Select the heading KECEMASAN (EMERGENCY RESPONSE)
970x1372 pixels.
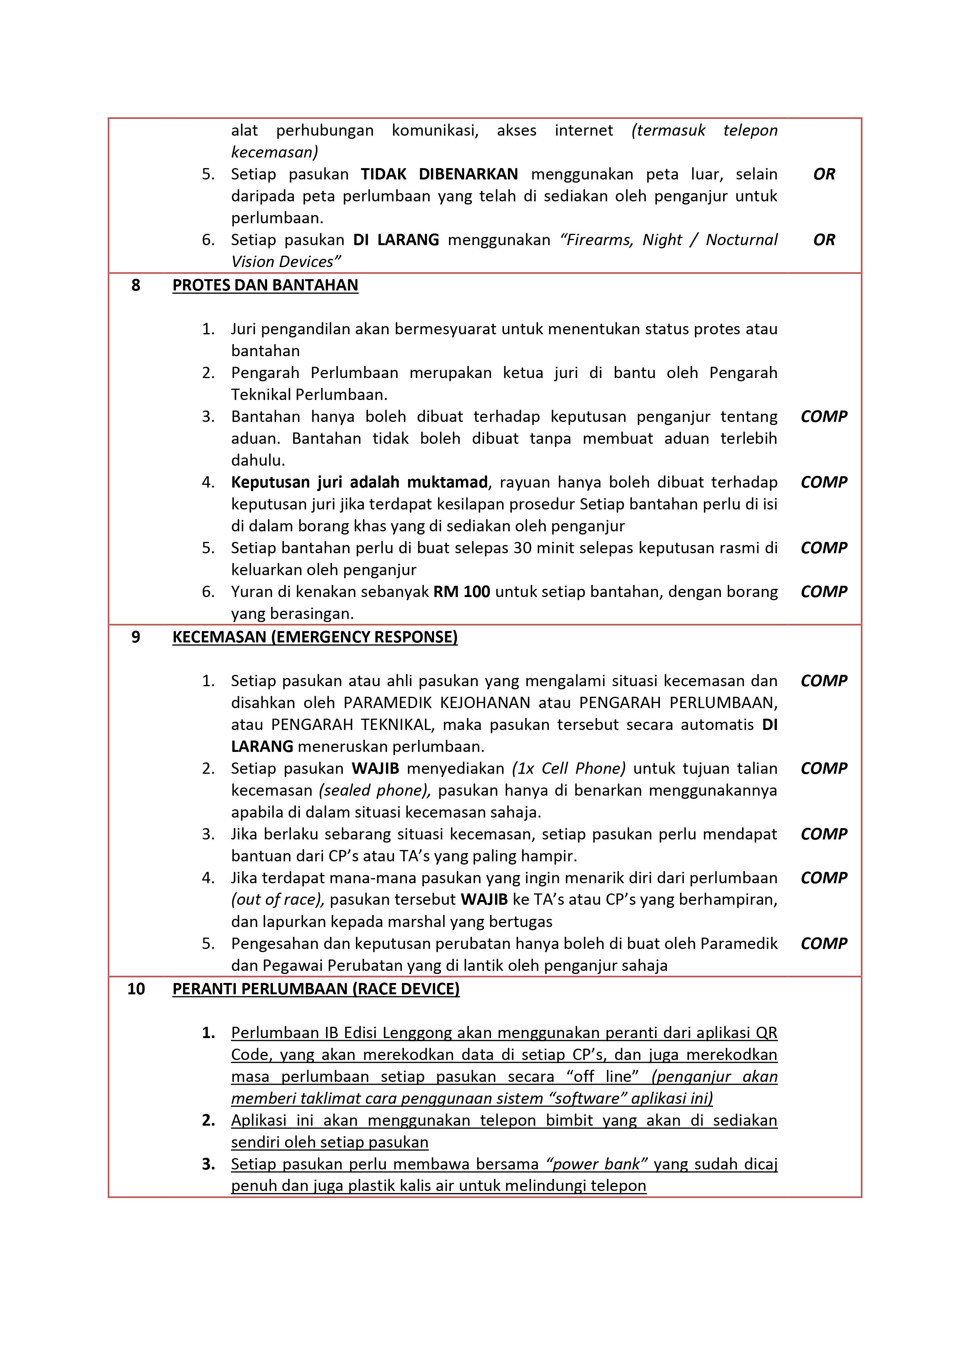pyautogui.click(x=315, y=637)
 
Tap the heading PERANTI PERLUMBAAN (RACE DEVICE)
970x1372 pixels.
pyautogui.click(x=316, y=989)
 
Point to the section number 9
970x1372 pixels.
pyautogui.click(x=136, y=637)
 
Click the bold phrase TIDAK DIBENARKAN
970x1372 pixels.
pyautogui.click(x=439, y=174)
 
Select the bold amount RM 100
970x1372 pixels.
pyautogui.click(x=461, y=592)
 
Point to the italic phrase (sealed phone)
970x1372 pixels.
pyautogui.click(x=375, y=791)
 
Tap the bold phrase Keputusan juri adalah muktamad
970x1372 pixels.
pyautogui.click(x=360, y=482)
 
